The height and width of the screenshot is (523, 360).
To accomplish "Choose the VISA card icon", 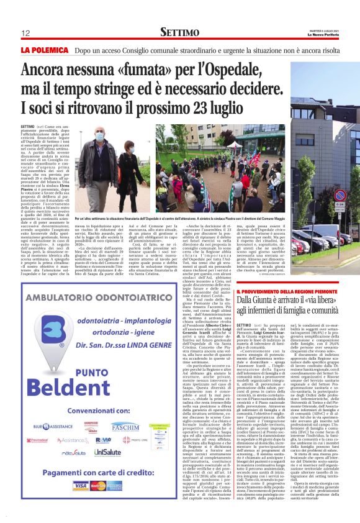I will (x=81, y=486).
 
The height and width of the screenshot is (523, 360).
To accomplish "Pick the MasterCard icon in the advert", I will (x=97, y=486).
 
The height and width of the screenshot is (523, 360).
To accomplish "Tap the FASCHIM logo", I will (x=125, y=427).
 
